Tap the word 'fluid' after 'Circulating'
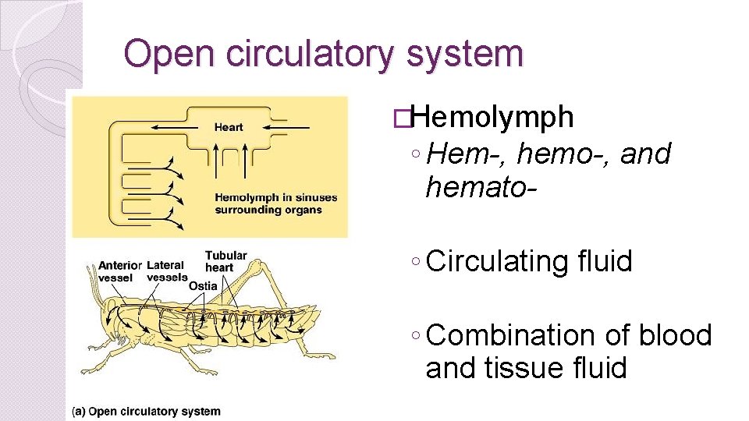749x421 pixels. coord(602,261)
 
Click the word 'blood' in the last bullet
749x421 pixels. coord(676,335)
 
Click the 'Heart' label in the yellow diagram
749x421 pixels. coord(229,127)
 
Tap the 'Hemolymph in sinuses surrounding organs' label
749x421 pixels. coord(275,203)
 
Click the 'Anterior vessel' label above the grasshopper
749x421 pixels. coord(119,271)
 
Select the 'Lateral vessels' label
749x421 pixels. coord(166,271)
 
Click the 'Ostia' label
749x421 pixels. coord(203,286)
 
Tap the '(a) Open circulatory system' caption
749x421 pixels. coord(146,411)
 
